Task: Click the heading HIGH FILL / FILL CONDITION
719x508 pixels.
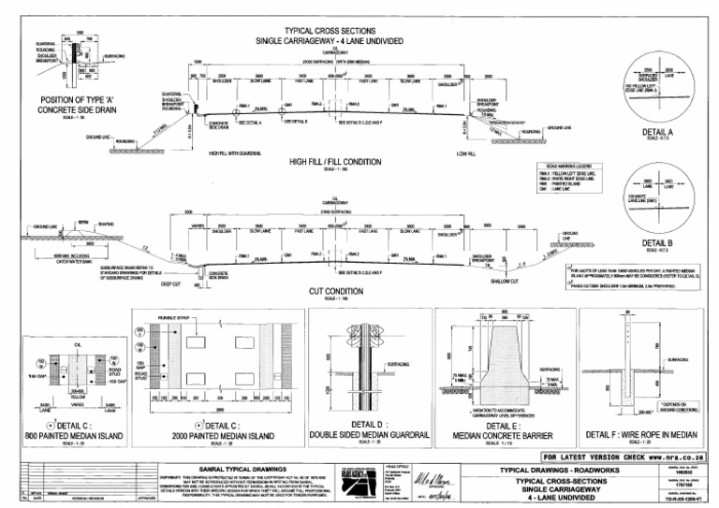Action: [x=334, y=162]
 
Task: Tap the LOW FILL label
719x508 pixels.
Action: [x=466, y=152]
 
